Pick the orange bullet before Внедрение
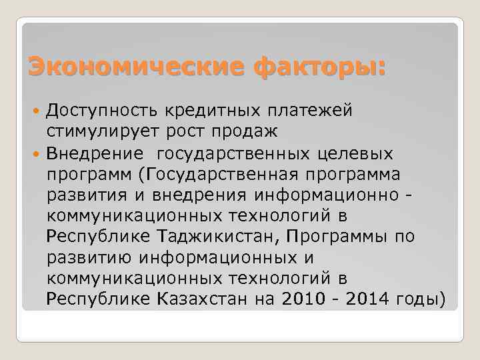(x=37, y=154)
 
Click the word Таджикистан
(x=213, y=237)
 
